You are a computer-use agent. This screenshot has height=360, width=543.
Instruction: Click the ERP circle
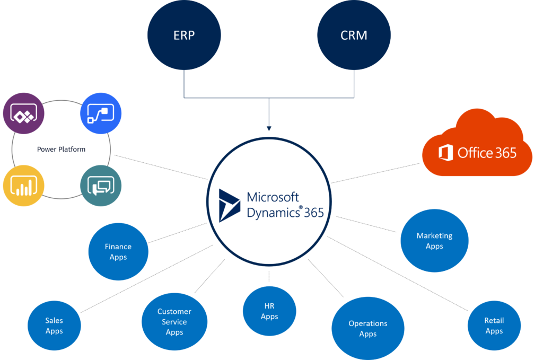tap(183, 36)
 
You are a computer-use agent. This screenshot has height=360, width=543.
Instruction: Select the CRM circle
tap(354, 36)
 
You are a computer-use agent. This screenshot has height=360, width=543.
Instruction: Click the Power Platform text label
tap(61, 150)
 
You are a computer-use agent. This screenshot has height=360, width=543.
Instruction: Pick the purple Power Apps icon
tap(23, 113)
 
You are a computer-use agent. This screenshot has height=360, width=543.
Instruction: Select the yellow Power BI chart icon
tap(23, 186)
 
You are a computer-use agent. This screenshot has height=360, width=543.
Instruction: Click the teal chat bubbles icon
tap(101, 186)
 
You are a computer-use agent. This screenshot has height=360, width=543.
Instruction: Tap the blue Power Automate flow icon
tap(101, 113)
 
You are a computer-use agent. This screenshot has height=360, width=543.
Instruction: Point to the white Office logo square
tap(445, 153)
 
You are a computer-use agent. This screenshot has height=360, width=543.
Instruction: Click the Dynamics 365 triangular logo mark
tap(230, 204)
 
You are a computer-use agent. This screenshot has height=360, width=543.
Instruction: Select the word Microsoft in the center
tap(273, 197)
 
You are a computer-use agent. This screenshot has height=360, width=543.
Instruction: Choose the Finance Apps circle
tap(118, 252)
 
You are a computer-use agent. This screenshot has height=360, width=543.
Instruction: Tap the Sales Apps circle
tap(54, 326)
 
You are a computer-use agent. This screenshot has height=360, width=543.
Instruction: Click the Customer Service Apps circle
tap(174, 322)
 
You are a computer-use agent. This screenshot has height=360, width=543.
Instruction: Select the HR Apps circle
tap(269, 311)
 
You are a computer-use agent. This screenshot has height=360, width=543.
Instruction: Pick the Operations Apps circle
tap(367, 328)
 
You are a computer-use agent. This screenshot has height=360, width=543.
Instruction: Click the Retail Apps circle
tap(494, 326)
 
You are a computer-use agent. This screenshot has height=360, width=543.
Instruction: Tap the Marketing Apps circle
tap(434, 241)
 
